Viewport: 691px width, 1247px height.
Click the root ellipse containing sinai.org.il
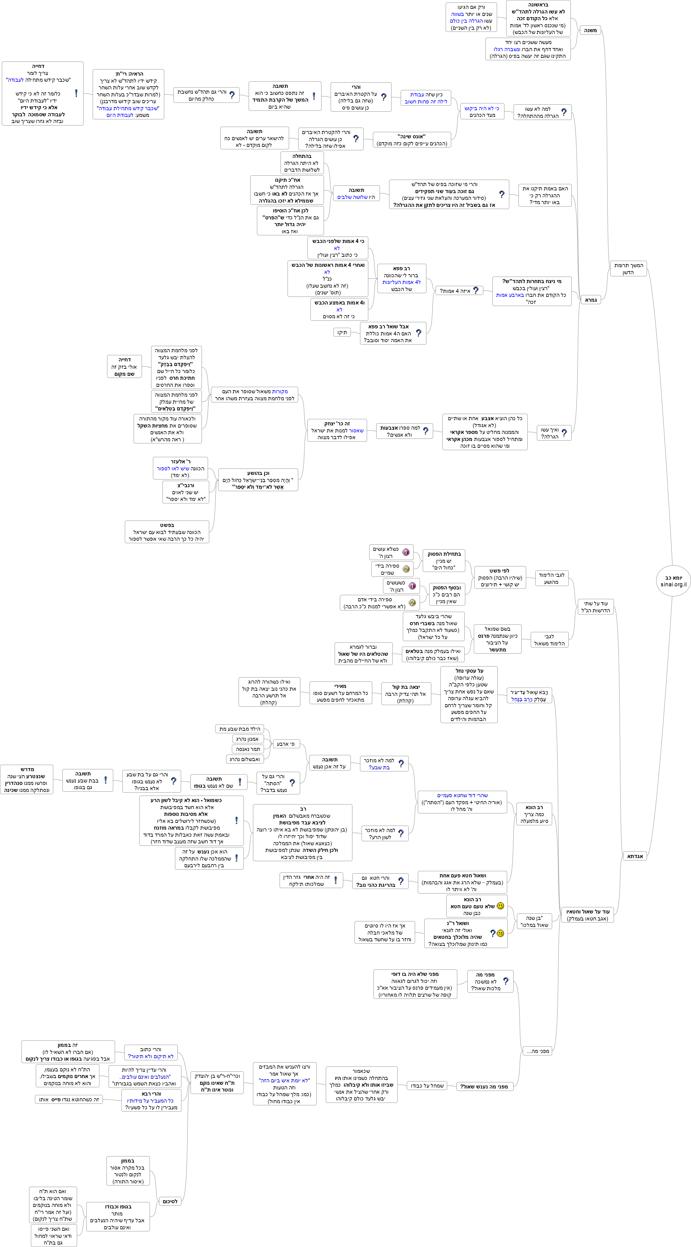point(673,581)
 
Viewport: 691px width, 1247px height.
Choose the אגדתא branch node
point(635,856)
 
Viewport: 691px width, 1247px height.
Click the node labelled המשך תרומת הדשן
point(628,269)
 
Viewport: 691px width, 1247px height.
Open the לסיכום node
point(170,1201)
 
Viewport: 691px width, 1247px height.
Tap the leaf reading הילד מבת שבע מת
point(240,729)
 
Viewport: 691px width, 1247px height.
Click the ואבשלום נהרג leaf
point(244,759)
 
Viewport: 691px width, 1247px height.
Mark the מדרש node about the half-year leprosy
point(27,779)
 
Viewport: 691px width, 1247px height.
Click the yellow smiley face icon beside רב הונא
point(500,906)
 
